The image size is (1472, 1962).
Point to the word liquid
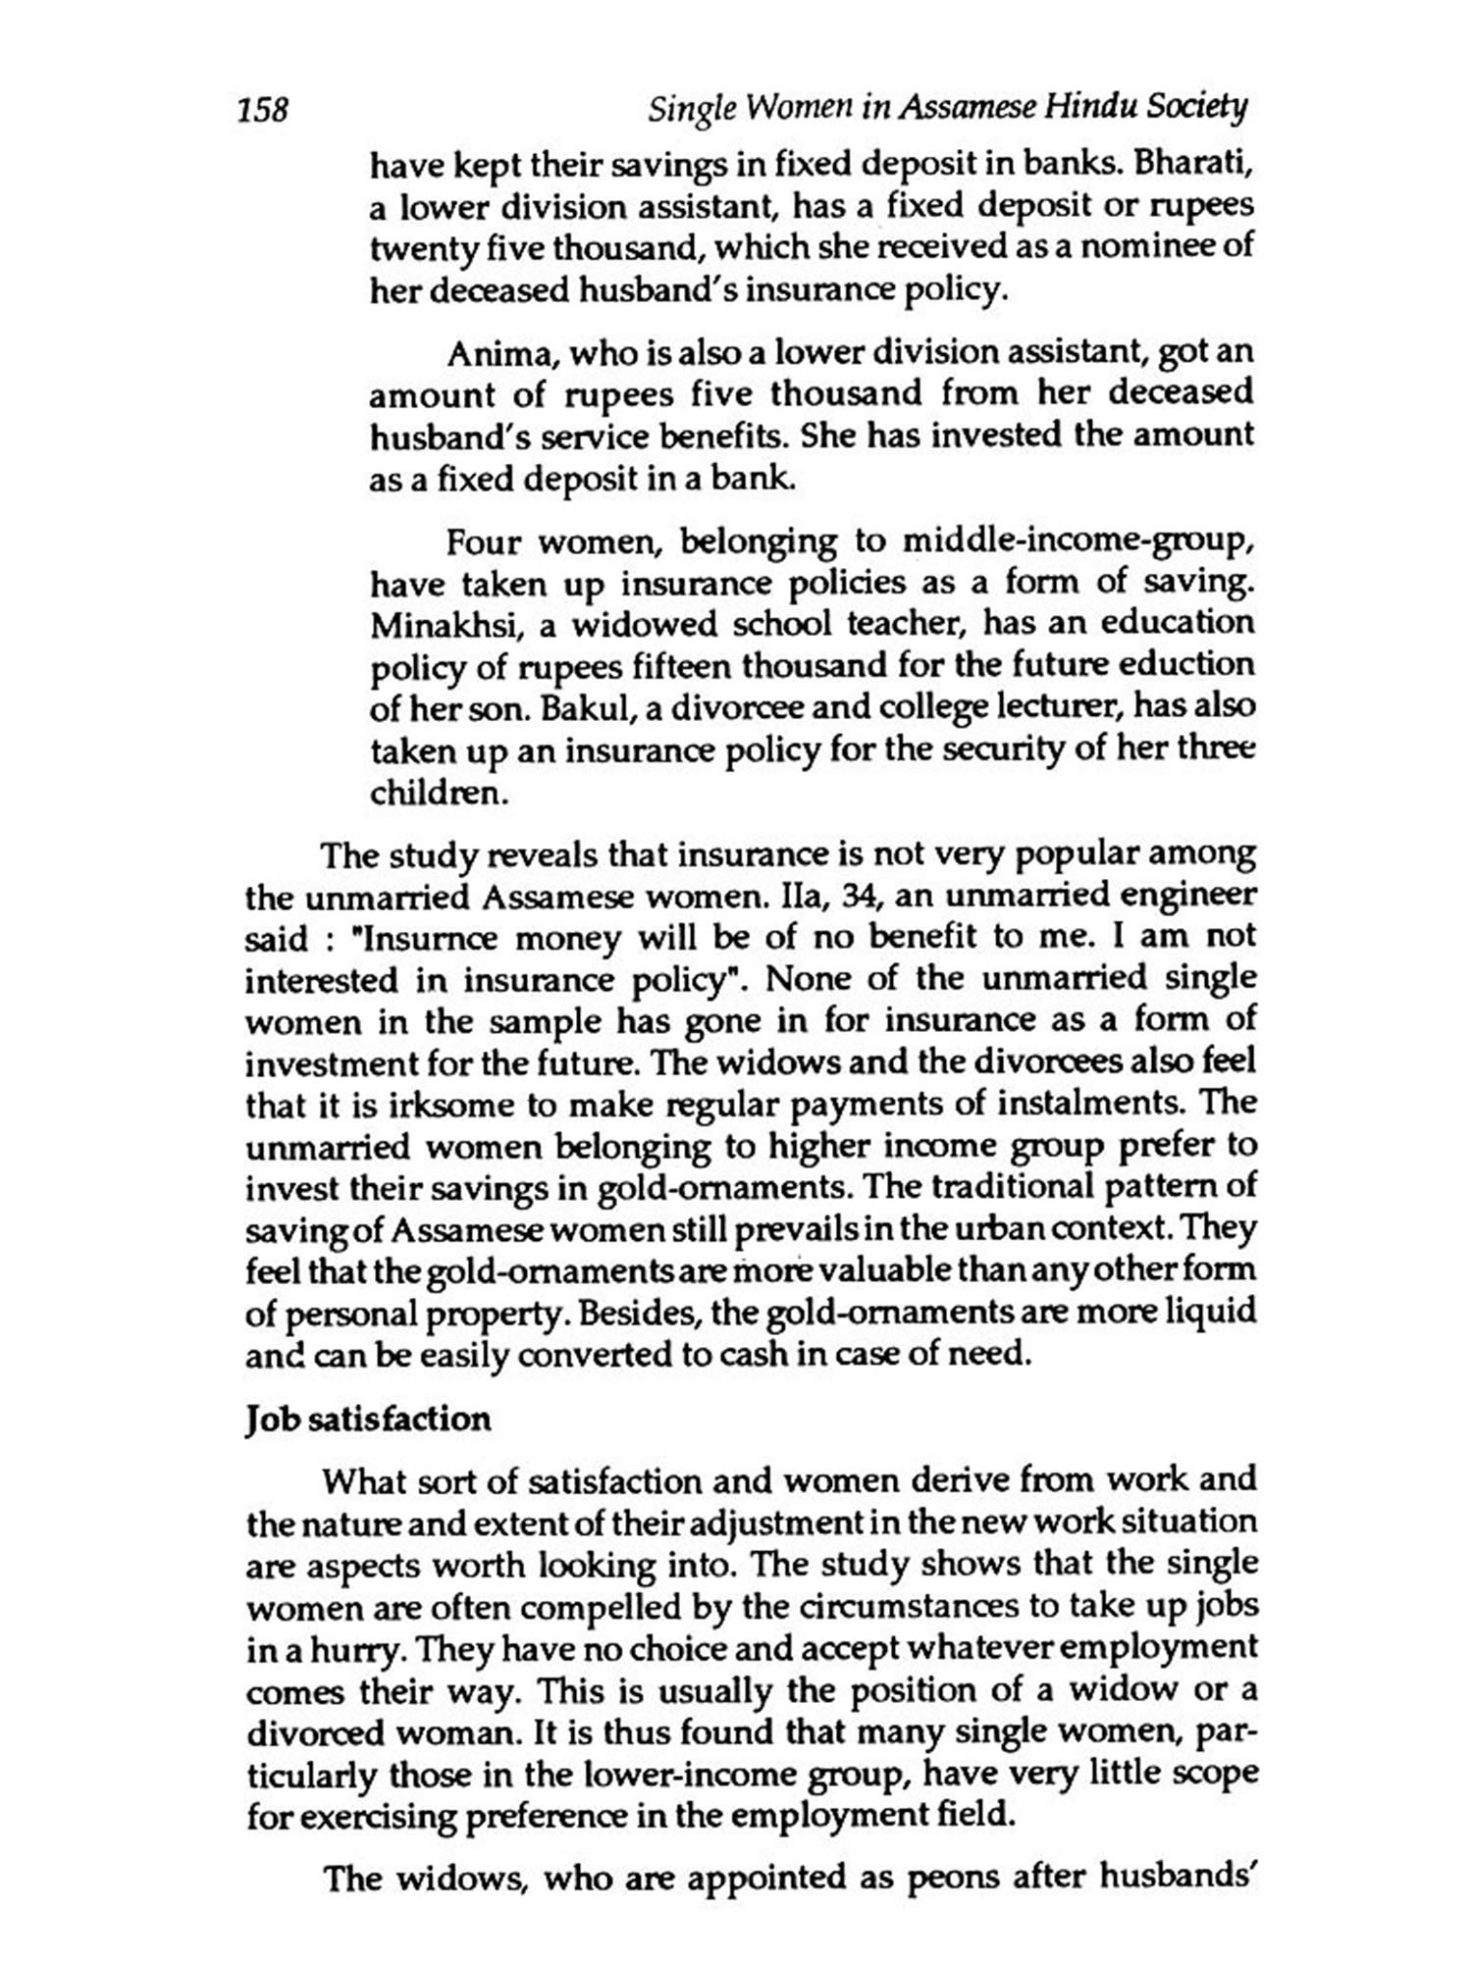pos(1210,1313)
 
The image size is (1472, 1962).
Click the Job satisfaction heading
pos(368,1420)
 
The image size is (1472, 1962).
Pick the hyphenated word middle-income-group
pos(1078,542)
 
